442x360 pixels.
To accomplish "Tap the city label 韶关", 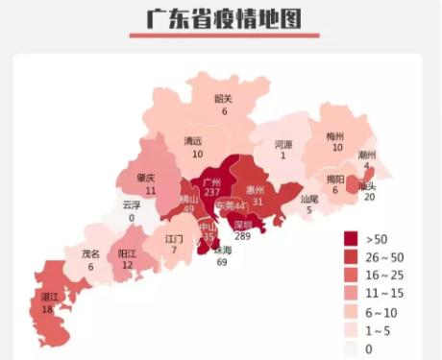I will coord(224,98).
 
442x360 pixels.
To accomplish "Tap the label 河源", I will coord(283,143).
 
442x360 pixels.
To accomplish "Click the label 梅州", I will coord(336,136).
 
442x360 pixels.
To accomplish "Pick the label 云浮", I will coord(131,204).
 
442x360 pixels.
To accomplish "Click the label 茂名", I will coord(90,254).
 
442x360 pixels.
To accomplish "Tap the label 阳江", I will coord(127,253).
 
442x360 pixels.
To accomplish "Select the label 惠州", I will coord(256,189).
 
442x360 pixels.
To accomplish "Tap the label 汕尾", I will coord(308,199).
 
